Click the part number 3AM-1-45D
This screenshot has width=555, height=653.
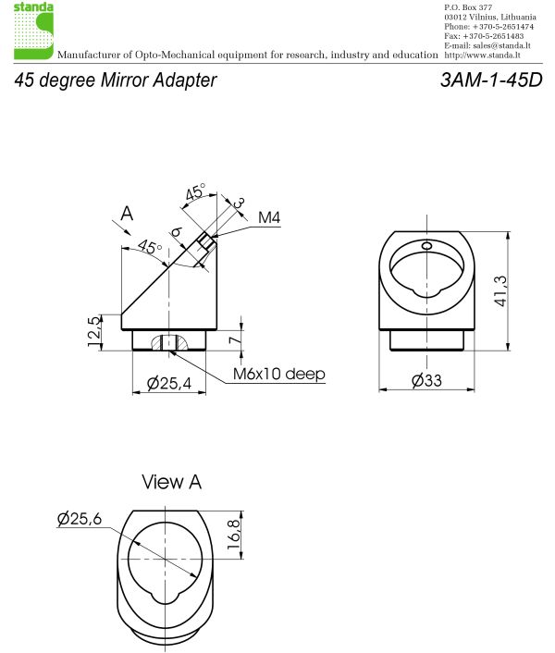(x=492, y=80)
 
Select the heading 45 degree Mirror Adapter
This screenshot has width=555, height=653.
(x=116, y=80)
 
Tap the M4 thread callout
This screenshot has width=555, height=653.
(x=268, y=218)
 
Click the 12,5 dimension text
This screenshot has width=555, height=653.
(x=92, y=330)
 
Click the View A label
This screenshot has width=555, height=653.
(x=171, y=482)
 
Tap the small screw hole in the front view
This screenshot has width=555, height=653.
(x=426, y=246)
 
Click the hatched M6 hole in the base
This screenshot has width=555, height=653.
(x=168, y=341)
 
